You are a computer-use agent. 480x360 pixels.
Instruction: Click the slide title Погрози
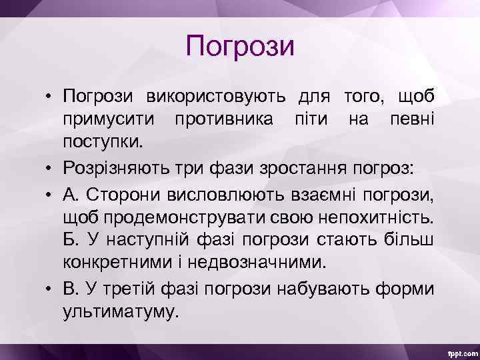pos(240,47)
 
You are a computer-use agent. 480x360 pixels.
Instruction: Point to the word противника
pos(221,119)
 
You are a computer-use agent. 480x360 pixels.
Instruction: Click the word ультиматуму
pos(121,311)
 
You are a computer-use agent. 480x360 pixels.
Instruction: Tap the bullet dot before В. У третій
pos(50,288)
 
